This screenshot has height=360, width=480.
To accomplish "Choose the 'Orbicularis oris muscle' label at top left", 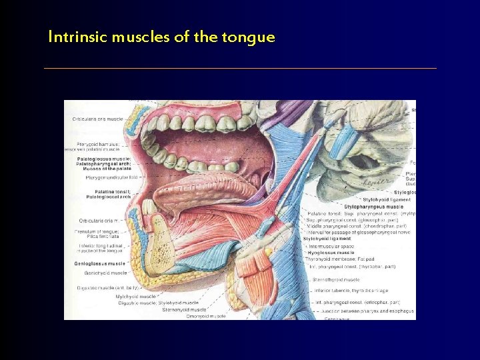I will pyautogui.click(x=97, y=119).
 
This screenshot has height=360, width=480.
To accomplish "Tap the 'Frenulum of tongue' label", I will pyautogui.click(x=97, y=231).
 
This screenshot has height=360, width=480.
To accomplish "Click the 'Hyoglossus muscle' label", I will pyautogui.click(x=331, y=253).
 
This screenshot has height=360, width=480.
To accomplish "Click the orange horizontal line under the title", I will pyautogui.click(x=240, y=68).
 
